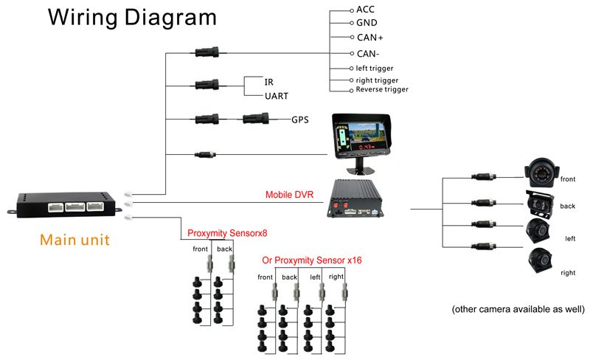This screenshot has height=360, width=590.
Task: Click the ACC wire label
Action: (365, 10)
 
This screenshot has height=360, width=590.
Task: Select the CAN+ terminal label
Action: (369, 37)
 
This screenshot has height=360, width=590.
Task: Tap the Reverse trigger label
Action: (381, 89)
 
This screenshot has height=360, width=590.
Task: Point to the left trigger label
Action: (375, 68)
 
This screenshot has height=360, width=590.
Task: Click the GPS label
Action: (300, 119)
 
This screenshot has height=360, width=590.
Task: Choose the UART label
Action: (277, 96)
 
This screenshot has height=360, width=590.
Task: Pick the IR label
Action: (269, 81)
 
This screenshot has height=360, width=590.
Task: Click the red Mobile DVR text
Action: (289, 196)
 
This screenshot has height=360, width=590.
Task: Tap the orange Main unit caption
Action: (74, 240)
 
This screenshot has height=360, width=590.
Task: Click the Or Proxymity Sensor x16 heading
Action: (312, 260)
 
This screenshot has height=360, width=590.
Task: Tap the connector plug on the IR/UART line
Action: (206, 85)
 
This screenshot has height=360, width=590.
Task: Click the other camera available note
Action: (518, 309)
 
